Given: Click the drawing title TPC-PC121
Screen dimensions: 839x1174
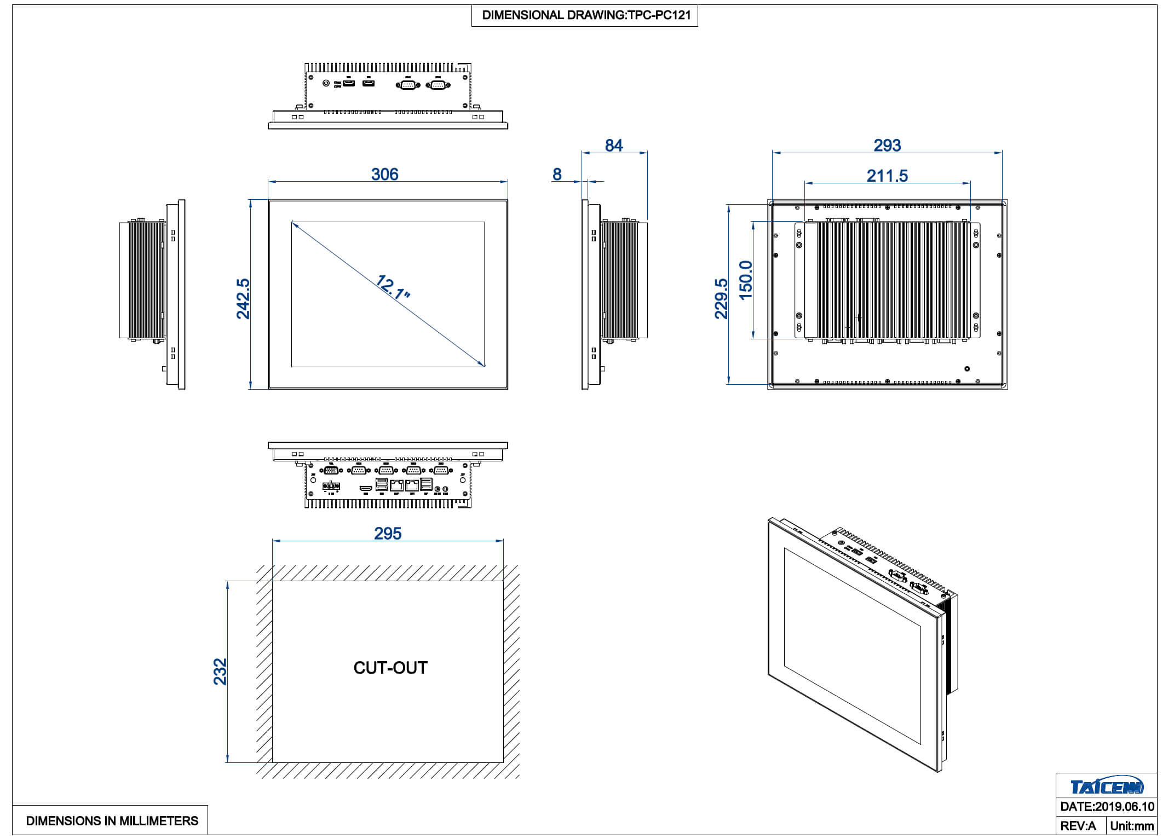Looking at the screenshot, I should [585, 15].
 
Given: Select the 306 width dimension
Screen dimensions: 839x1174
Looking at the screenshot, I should [384, 175].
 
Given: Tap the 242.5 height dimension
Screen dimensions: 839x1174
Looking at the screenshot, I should [243, 298].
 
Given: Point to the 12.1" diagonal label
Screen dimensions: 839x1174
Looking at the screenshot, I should [392, 288].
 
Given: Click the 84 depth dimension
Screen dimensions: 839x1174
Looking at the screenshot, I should [613, 146].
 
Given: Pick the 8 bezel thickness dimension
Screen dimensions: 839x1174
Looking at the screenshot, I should [557, 175].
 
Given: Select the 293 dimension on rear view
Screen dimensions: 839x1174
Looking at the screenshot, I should [887, 146].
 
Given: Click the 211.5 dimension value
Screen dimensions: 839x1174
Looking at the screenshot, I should [887, 176].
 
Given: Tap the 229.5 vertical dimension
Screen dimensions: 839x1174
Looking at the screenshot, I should [722, 298].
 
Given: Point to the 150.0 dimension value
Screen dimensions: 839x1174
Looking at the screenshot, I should [746, 280].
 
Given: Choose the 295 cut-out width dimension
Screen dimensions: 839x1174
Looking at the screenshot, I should [388, 534].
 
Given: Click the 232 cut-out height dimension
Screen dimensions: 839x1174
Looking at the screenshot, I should [220, 672].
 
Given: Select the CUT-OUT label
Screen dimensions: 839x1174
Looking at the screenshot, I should [390, 668].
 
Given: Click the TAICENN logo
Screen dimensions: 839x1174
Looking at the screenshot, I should [1106, 786].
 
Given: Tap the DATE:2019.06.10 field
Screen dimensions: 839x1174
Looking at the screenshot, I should [1107, 807].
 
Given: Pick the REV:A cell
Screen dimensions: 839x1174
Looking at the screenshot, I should [1078, 826].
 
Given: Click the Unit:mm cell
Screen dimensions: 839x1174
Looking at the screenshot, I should [1132, 826].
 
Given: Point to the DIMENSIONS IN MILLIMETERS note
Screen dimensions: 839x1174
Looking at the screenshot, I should [112, 821].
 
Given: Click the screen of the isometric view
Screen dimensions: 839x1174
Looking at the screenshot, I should [851, 646].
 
